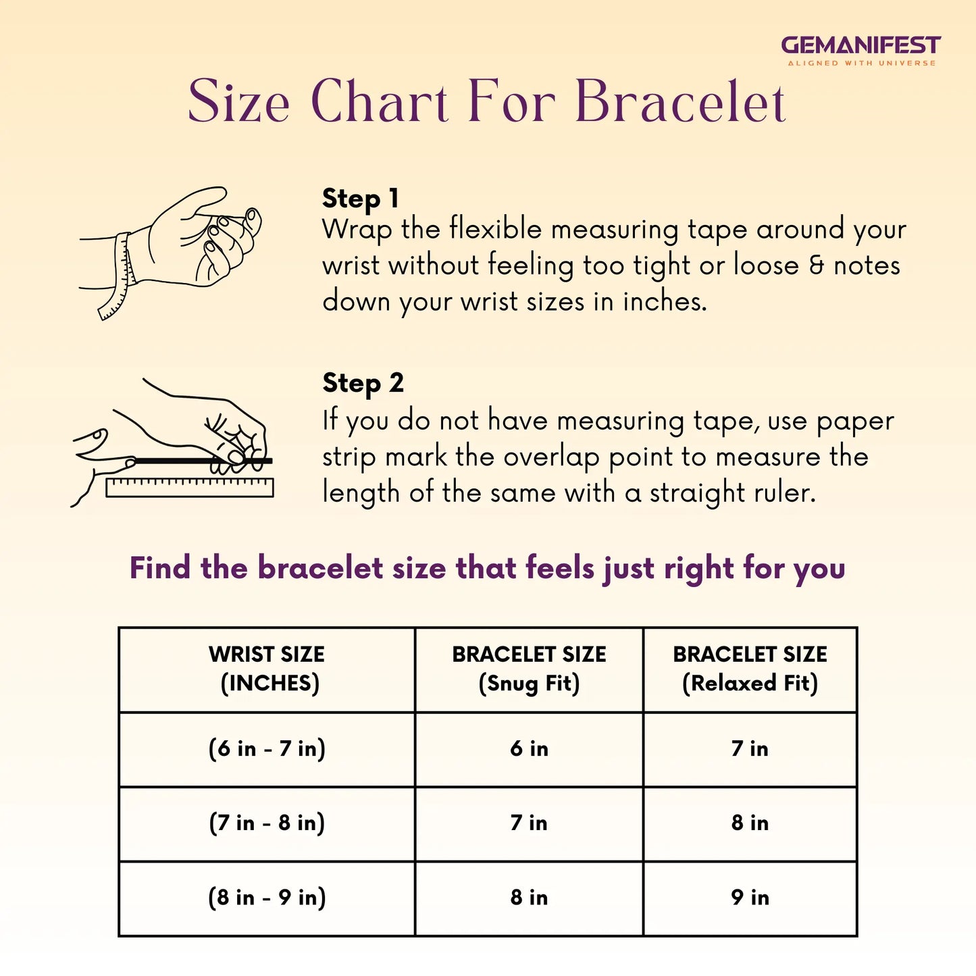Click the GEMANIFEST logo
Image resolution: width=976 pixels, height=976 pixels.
click(x=861, y=50)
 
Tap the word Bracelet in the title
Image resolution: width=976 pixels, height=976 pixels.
click(x=680, y=101)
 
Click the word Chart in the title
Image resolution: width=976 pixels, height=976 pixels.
click(x=380, y=101)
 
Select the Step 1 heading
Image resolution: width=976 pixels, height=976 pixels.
click(x=361, y=199)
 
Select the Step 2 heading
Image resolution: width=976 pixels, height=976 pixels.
click(x=363, y=383)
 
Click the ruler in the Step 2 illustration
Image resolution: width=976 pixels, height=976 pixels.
click(x=189, y=487)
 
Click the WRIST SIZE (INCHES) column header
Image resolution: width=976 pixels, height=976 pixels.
click(x=267, y=669)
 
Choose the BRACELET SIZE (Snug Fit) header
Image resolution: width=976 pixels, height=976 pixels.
click(x=529, y=669)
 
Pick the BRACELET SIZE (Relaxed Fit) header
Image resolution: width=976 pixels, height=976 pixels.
click(x=750, y=669)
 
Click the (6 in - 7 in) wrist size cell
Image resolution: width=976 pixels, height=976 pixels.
click(x=267, y=748)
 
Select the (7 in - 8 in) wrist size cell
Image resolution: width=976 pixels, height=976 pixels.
click(x=267, y=823)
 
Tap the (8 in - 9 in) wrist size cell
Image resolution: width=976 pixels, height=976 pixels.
click(x=267, y=898)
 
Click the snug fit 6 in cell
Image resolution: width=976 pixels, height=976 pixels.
click(x=529, y=748)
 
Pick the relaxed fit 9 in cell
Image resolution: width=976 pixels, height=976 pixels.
click(x=750, y=898)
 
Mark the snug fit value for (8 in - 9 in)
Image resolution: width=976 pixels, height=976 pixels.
click(x=529, y=898)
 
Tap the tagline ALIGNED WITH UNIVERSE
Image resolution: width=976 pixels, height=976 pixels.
click(x=861, y=63)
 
